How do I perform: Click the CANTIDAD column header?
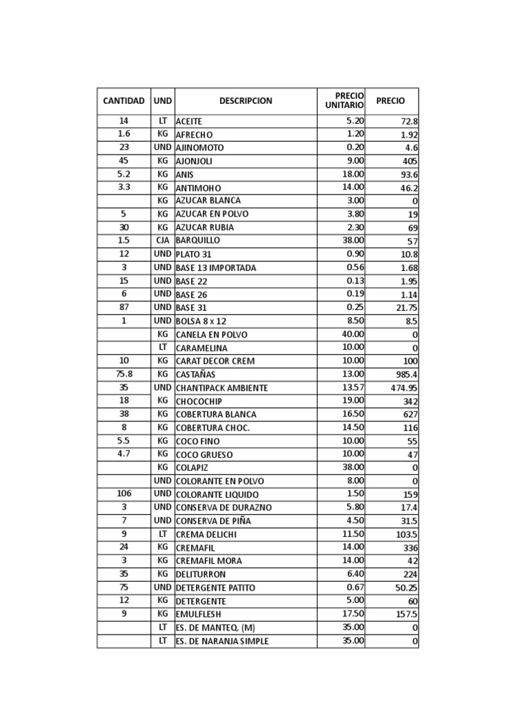(x=124, y=101)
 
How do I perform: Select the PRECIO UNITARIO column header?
(x=344, y=100)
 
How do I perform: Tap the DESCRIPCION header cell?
(x=245, y=101)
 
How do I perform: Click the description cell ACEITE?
(x=189, y=121)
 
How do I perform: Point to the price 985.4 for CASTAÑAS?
(x=404, y=375)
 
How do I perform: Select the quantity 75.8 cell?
(x=124, y=374)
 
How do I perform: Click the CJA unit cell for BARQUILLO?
(x=163, y=241)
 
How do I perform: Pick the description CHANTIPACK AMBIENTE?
(x=222, y=388)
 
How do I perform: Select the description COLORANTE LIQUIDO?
(x=217, y=494)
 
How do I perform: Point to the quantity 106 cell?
(x=124, y=494)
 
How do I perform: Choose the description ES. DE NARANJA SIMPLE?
(x=222, y=641)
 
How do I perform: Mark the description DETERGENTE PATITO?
(x=215, y=588)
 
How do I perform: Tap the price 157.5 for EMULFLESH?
(x=404, y=615)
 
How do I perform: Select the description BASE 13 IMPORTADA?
(x=216, y=267)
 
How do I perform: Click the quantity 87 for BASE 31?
(x=124, y=307)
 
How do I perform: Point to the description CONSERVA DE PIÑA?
(x=213, y=521)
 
